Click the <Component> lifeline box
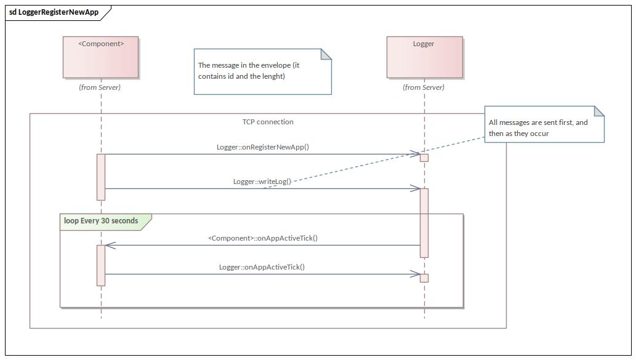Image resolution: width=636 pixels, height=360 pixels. [100, 57]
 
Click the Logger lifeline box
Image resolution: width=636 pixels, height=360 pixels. [424, 57]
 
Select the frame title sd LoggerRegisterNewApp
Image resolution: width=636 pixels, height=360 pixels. [54, 12]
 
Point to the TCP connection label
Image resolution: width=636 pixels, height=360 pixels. [268, 122]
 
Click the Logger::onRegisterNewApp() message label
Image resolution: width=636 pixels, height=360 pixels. [262, 147]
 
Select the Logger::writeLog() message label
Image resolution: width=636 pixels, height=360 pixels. [262, 182]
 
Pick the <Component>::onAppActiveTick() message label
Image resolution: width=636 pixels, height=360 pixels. [263, 238]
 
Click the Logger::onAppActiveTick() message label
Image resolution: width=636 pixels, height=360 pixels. [262, 267]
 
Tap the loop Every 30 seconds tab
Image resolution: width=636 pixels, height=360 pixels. [102, 221]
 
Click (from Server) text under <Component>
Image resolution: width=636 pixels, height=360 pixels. [100, 87]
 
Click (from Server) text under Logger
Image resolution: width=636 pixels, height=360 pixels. [424, 87]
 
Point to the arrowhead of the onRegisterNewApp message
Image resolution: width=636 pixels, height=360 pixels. [416, 154]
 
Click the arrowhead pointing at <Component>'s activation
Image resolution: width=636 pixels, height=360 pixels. [110, 246]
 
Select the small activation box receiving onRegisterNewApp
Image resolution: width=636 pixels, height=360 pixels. [424, 158]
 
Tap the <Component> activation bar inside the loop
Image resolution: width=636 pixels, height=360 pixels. [101, 265]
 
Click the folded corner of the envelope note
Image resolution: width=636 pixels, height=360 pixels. [326, 54]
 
